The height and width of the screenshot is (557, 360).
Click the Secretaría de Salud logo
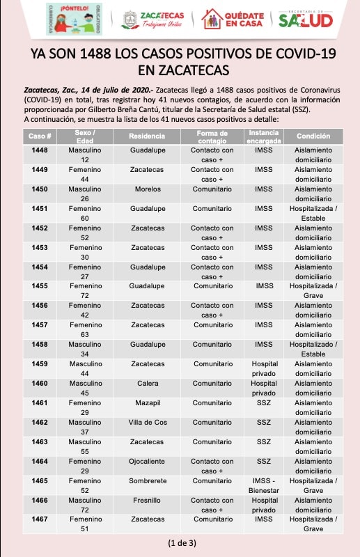pos(306,19)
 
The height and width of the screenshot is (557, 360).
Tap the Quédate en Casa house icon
pos(212,19)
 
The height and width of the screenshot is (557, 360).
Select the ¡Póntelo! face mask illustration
pos(75,19)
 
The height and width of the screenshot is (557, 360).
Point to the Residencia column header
pos(147,136)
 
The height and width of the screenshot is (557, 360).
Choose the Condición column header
pos(313,136)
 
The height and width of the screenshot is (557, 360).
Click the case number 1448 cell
pos(40,150)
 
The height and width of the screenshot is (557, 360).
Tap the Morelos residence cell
pos(148,189)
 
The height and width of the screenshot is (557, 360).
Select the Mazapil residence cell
pos(148,403)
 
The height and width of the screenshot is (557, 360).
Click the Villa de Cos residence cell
pos(148,423)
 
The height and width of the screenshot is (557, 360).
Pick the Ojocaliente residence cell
pos(147,462)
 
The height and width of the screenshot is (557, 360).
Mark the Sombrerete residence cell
pos(148,480)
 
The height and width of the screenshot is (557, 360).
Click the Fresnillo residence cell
pos(147,500)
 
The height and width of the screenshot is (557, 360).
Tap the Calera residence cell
pos(148,384)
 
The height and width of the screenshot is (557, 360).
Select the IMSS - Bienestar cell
pos(264,485)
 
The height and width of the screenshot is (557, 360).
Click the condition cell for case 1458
pos(313,350)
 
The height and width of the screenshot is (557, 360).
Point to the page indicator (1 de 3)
pos(182,543)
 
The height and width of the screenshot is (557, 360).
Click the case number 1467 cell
pos(40,519)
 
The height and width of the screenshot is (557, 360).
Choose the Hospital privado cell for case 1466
pos(264,505)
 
